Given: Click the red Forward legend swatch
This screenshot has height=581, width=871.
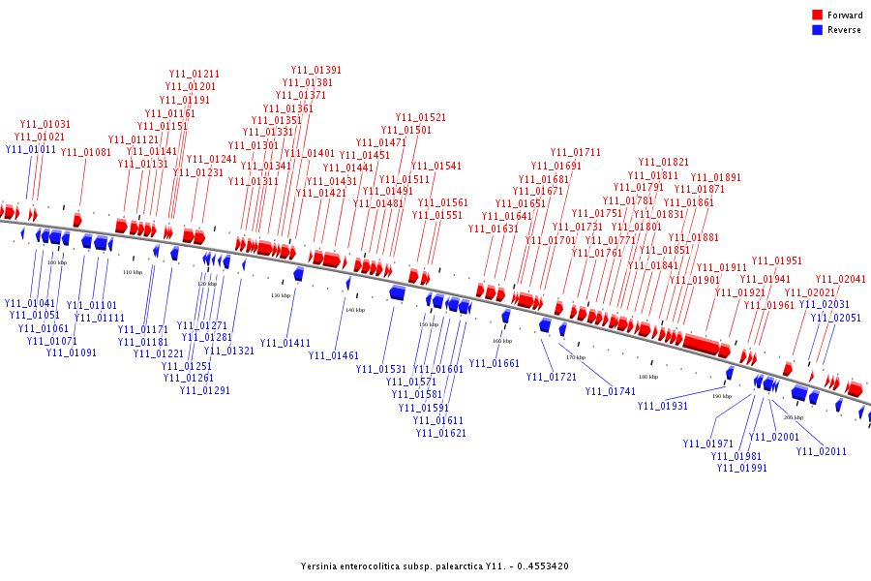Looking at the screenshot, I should tap(817, 15).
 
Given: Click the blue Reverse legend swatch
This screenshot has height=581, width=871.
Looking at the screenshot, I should tap(817, 30).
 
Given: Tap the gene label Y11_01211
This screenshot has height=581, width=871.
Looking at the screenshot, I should tap(195, 75).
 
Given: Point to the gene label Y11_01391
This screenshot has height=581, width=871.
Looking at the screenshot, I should tap(316, 71).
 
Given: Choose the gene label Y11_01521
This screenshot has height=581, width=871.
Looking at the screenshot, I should tap(421, 118).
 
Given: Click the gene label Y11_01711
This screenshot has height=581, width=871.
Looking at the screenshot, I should tap(576, 153).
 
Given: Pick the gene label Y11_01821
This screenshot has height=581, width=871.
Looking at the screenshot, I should tap(664, 163).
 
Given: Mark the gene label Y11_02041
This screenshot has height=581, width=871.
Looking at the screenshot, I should tap(841, 280).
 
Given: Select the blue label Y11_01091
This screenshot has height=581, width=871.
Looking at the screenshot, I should tap(72, 352).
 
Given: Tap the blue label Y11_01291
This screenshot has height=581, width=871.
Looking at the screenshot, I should tap(205, 391).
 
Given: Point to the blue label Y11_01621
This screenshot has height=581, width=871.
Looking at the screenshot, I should tap(441, 434).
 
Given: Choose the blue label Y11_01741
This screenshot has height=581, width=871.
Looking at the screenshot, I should tap(611, 392).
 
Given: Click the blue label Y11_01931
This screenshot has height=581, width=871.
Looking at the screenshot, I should tap(663, 407).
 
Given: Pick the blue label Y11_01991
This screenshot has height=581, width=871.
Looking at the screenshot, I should tap(742, 469).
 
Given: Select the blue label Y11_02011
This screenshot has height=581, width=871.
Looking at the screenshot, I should tap(822, 452).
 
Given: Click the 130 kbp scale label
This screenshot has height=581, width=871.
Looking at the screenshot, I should tap(281, 295).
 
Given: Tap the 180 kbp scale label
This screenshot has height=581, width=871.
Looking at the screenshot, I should tap(648, 377).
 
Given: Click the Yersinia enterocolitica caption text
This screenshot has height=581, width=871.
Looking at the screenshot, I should tap(435, 566).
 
